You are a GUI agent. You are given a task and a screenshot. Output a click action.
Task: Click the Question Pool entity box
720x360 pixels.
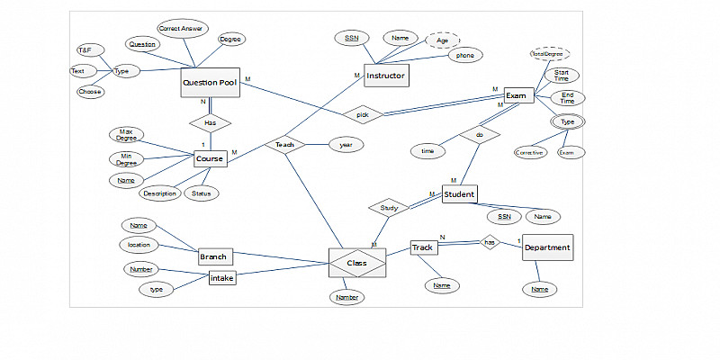(210, 83)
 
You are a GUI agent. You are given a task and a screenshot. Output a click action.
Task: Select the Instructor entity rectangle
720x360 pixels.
(385, 76)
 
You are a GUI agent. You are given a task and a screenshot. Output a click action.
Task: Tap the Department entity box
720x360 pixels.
(546, 247)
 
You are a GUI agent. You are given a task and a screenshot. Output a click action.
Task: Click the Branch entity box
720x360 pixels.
(213, 256)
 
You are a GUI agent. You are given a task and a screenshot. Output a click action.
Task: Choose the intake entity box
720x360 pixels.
(221, 279)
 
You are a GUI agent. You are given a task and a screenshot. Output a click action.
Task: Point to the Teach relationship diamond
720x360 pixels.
(285, 144)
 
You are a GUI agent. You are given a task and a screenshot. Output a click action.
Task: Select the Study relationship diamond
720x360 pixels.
(389, 208)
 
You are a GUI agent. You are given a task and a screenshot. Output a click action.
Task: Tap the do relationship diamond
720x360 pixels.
(479, 135)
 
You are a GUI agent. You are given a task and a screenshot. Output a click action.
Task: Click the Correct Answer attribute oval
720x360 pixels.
(180, 29)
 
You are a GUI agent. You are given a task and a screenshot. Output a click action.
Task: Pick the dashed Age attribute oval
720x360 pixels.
(442, 40)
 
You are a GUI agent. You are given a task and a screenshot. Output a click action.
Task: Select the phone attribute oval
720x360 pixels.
(465, 55)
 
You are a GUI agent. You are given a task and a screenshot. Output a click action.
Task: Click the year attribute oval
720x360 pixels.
(346, 144)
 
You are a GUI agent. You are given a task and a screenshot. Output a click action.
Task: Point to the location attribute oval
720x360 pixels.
(139, 244)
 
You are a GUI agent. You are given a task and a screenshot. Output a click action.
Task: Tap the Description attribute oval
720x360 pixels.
(159, 193)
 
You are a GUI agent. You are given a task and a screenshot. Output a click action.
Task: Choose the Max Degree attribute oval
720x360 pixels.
(127, 135)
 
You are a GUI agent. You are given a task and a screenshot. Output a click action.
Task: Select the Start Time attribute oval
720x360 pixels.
(561, 76)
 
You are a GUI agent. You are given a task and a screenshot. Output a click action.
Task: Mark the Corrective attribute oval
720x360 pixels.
(529, 152)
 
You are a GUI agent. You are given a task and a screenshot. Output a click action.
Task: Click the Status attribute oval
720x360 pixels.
(201, 193)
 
